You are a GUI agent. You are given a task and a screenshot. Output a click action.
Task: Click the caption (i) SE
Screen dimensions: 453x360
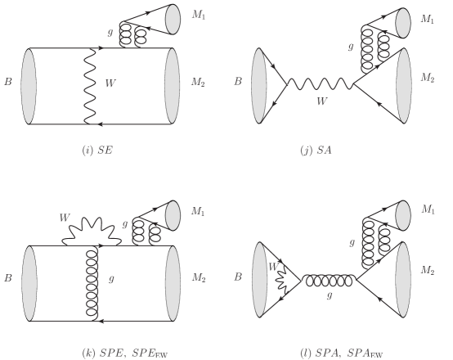pyautogui.click(x=97, y=151)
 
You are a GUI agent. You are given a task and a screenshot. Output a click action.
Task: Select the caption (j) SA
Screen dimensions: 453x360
pyautogui.click(x=316, y=151)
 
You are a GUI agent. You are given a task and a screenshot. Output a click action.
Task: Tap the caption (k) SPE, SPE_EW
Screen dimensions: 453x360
pyautogui.click(x=125, y=353)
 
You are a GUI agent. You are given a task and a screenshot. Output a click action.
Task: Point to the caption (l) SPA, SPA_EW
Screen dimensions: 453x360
pyautogui.click(x=342, y=353)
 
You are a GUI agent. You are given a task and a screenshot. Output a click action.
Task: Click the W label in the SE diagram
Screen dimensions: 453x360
pyautogui.click(x=110, y=83)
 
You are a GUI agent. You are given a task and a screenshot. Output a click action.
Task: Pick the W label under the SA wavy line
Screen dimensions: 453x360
pyautogui.click(x=322, y=101)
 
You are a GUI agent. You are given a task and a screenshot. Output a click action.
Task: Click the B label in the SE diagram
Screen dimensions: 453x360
pyautogui.click(x=8, y=82)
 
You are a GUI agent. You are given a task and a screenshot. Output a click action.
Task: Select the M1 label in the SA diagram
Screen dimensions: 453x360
pyautogui.click(x=427, y=19)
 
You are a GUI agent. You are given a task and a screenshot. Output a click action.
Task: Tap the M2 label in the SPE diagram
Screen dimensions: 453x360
pyautogui.click(x=199, y=278)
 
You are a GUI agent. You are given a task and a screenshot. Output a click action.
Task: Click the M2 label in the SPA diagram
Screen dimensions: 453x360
pyautogui.click(x=428, y=271)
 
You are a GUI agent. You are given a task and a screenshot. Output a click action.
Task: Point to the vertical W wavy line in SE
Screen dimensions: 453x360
pyautogui.click(x=90, y=86)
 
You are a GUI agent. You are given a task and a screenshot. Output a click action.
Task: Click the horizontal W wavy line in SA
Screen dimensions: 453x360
pyautogui.click(x=321, y=83)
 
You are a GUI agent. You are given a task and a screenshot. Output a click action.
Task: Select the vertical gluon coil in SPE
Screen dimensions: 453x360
pyautogui.click(x=92, y=283)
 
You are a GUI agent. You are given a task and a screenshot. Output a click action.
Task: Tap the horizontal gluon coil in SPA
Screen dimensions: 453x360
pyautogui.click(x=329, y=280)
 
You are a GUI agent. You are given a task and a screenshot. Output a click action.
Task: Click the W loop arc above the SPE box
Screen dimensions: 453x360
pyautogui.click(x=92, y=227)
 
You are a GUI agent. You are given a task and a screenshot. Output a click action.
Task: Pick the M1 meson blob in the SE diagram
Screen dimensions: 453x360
pyautogui.click(x=173, y=20)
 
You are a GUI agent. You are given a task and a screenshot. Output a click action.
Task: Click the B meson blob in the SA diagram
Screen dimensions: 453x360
pyautogui.click(x=259, y=86)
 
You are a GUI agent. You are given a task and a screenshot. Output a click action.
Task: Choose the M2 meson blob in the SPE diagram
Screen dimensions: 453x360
pyautogui.click(x=173, y=283)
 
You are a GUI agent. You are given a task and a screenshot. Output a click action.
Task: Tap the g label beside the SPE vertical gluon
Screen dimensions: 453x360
pyautogui.click(x=111, y=279)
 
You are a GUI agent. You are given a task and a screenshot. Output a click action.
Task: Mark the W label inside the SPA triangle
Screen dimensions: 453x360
pyautogui.click(x=273, y=267)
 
